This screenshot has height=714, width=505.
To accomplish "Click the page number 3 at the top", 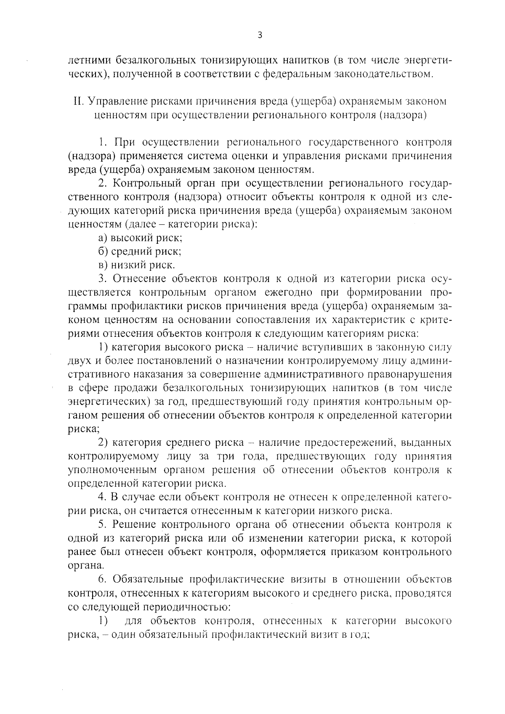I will pyautogui.click(x=260, y=36).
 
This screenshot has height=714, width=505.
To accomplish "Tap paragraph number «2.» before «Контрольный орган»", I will pyautogui.click(x=103, y=183).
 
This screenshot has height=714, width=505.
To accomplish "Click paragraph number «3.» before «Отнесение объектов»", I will pyautogui.click(x=103, y=279).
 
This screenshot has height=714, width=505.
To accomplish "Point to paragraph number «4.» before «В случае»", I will pyautogui.click(x=103, y=498).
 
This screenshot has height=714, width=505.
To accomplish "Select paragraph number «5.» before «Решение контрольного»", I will pyautogui.click(x=103, y=525).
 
